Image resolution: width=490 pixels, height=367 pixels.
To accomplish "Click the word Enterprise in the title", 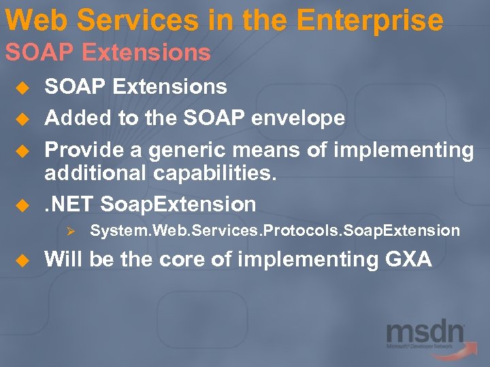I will pos(371,20).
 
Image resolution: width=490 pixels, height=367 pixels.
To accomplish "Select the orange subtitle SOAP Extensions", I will pos(108,52).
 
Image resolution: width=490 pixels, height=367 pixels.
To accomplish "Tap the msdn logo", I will pos(425,338).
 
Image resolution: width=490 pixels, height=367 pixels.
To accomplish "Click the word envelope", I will pos(297,118).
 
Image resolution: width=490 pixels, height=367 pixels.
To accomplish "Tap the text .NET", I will pos(69,204).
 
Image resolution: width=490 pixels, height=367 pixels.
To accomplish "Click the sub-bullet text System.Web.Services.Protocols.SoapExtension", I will pos(275,231).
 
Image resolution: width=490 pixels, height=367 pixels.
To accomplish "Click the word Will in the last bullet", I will pos(63,259).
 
